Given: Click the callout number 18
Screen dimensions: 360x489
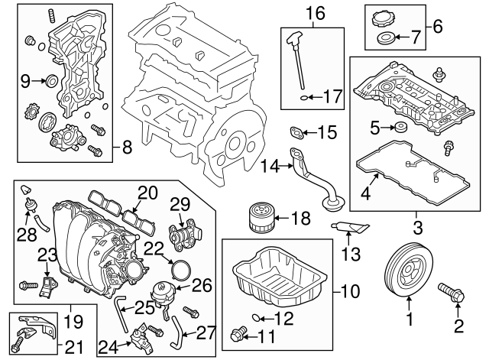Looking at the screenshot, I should (x=300, y=219).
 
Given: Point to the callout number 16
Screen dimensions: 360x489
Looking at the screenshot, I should (x=316, y=12).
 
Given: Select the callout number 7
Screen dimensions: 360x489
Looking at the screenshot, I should (x=416, y=37).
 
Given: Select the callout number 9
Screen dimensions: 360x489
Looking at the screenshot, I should (x=24, y=79).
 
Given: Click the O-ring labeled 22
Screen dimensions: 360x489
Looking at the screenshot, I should (x=180, y=268).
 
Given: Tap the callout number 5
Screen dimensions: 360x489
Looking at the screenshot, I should (x=375, y=126).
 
